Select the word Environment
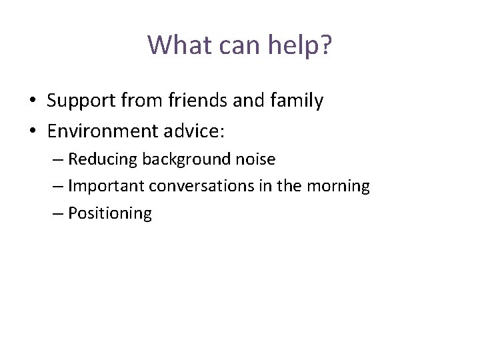[101, 131]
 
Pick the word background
[187, 159]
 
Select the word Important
[106, 186]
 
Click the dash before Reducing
[57, 160]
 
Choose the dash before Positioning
[57, 213]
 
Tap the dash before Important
[57, 187]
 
